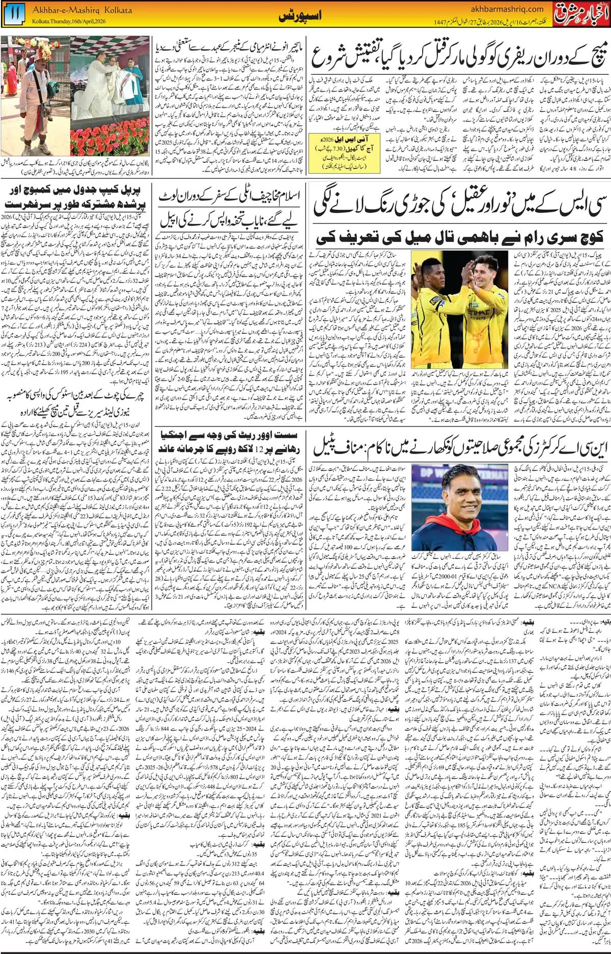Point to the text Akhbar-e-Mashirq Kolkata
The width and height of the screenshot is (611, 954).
click(82, 10)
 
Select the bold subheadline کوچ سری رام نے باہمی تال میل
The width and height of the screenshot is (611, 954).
click(459, 237)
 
